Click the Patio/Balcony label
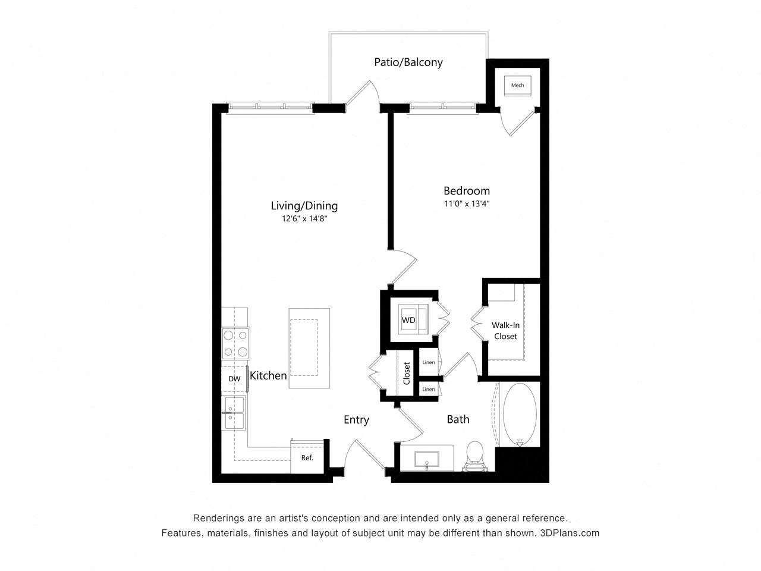[408, 62]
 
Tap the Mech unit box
[517, 85]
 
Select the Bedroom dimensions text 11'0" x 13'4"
[466, 203]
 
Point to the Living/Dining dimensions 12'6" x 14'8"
[304, 218]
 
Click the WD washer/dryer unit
[413, 319]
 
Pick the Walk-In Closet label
[505, 330]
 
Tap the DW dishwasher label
[234, 379]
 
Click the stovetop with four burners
[235, 344]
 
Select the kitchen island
[309, 348]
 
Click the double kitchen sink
[234, 413]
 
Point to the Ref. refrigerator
[307, 457]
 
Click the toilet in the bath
[474, 456]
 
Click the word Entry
[356, 420]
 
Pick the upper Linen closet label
[429, 362]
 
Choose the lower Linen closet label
[429, 390]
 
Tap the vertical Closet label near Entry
[407, 374]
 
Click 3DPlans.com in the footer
[570, 533]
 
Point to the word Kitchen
[268, 375]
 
